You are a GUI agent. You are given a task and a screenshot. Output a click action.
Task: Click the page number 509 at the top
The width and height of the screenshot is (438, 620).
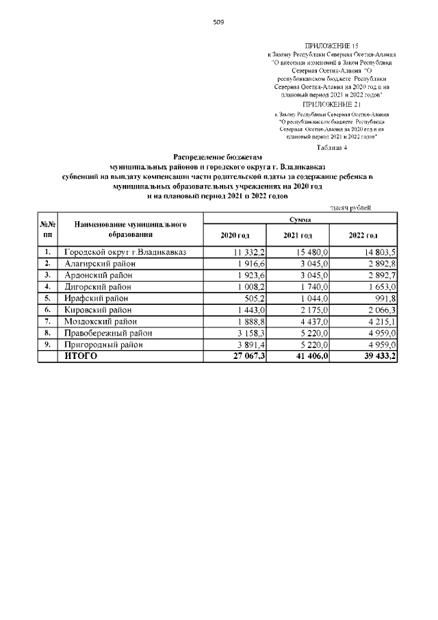pos(218,22)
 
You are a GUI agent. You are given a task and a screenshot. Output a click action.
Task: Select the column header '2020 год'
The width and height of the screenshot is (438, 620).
pos(235,235)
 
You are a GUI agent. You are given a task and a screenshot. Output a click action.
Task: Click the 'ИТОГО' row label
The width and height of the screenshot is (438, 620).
pos(81,356)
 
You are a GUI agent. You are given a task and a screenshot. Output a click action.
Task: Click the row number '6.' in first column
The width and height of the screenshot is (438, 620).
pos(48,310)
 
